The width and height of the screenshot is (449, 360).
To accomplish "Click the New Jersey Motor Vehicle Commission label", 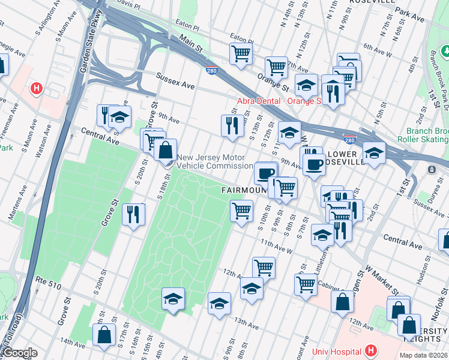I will coord(214,161).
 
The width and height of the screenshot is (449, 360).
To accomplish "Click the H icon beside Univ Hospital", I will coord(370,350).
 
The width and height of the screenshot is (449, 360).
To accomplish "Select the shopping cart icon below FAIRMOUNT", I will coord(241,211).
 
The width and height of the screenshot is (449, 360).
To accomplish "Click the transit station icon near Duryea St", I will coord(432,170).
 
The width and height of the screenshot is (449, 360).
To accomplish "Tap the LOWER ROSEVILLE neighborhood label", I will coord(346,158).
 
